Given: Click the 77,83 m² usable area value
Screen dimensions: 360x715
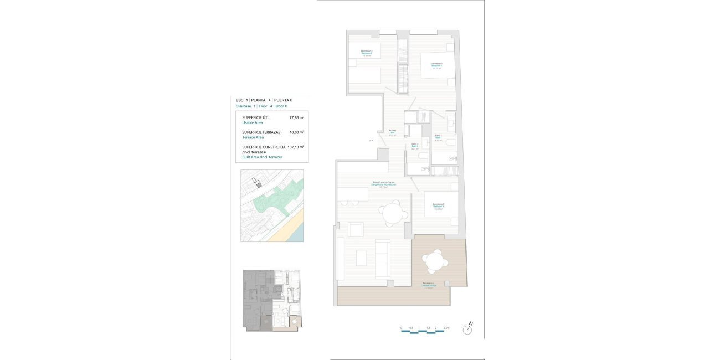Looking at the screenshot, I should [x=296, y=117].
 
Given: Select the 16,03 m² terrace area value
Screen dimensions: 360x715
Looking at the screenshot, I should [x=296, y=132].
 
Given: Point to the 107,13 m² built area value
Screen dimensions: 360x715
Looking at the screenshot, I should [x=296, y=147].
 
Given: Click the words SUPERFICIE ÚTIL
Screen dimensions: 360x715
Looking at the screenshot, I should [x=256, y=117].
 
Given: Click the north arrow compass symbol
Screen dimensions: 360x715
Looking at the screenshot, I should [x=469, y=329].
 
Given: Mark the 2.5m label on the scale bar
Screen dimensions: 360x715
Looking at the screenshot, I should [x=446, y=328].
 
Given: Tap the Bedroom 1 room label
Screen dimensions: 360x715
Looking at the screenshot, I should [x=436, y=66].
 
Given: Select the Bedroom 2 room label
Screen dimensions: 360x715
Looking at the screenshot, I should [x=367, y=53].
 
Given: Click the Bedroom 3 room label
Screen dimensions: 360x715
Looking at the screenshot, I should [x=439, y=206].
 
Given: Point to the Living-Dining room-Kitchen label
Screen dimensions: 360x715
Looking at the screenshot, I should [x=383, y=184].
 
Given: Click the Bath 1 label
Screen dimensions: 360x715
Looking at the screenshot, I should [x=438, y=138].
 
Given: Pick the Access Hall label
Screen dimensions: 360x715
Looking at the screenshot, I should [x=392, y=132].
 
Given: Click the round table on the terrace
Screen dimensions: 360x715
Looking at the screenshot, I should [x=433, y=260].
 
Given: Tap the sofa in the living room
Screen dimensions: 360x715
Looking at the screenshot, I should [x=382, y=259].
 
